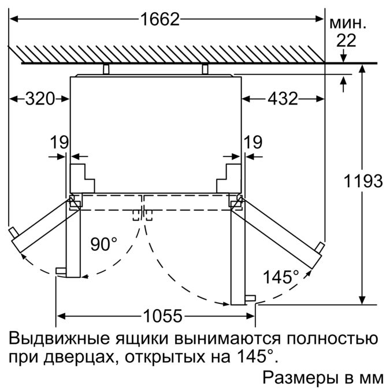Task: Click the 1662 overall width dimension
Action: [159, 19]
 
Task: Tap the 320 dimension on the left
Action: [39, 99]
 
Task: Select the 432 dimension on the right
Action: [282, 99]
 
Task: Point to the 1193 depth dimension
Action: [361, 181]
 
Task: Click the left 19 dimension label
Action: [59, 142]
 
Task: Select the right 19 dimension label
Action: [252, 142]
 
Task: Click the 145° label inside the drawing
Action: [281, 277]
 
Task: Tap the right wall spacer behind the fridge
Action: [205, 70]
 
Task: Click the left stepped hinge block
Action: [82, 178]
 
